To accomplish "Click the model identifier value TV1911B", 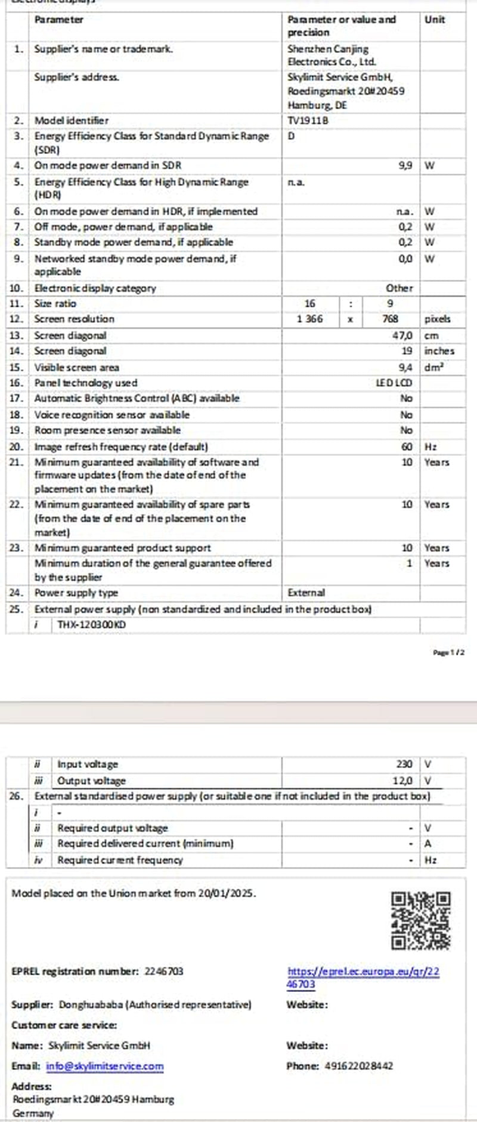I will tap(308, 121).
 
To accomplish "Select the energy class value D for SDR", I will tap(291, 136).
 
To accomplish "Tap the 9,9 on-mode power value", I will tap(405, 165).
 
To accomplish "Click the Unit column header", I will tap(435, 20).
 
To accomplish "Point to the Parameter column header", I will tap(58, 20).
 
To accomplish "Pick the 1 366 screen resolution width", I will tap(309, 319).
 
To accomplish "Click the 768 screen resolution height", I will tap(390, 319).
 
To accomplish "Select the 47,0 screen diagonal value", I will tap(402, 336).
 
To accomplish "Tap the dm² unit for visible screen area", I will tap(433, 368).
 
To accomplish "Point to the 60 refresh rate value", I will tap(407, 447).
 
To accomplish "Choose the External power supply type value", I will tap(306, 593).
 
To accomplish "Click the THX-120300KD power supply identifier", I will tap(92, 625).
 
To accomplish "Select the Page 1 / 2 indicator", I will tap(448, 653).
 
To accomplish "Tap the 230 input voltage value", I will tap(404, 765).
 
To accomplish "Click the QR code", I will tap(420, 921).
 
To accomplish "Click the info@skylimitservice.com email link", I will tap(105, 1066).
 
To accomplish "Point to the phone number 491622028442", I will tap(359, 1066).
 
